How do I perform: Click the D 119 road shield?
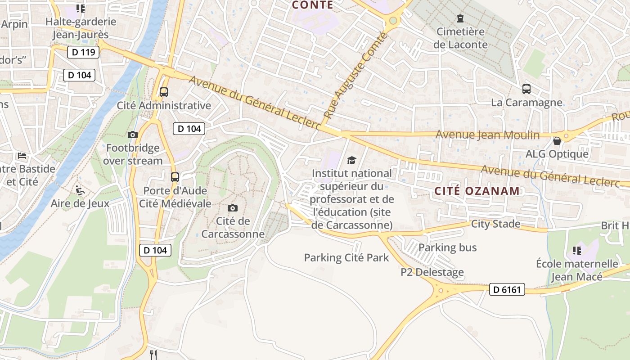(83, 52)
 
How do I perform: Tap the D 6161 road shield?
(507, 289)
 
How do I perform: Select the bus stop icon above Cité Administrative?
(164, 92)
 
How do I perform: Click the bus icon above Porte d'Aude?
(175, 177)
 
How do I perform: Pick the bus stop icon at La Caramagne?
(526, 89)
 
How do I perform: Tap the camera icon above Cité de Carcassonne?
(233, 208)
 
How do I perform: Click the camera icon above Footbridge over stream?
(132, 135)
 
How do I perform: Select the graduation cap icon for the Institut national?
(351, 160)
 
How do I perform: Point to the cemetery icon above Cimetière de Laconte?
(460, 18)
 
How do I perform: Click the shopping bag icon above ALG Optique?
(557, 141)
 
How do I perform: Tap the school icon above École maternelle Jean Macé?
(577, 250)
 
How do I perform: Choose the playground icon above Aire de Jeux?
(80, 190)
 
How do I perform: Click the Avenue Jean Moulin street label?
(487, 135)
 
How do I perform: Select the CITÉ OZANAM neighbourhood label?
(477, 191)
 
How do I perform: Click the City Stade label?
(495, 224)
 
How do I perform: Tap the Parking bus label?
(447, 247)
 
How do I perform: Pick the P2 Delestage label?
(432, 272)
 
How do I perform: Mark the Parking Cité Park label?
(346, 258)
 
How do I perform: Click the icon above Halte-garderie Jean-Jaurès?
(81, 9)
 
